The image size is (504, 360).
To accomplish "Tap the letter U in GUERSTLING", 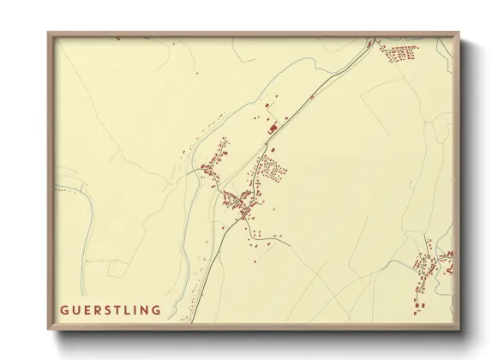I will pyautogui.click(x=75, y=309).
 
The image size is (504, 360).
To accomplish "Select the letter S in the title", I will pyautogui.click(x=107, y=309).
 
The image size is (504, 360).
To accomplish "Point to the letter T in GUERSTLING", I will pyautogui.click(x=118, y=309).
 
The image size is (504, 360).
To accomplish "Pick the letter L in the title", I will pyautogui.click(x=129, y=309).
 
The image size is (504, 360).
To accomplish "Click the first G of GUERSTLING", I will pyautogui.click(x=63, y=309).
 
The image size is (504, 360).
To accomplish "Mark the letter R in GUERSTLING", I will pyautogui.click(x=96, y=309).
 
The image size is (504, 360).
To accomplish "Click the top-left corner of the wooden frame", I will pyautogui.click(x=49, y=33).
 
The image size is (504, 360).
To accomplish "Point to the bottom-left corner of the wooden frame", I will pyautogui.click(x=49, y=329).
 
